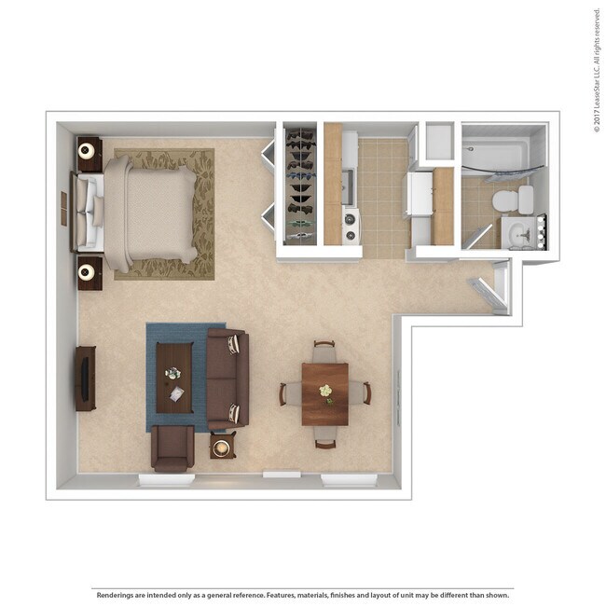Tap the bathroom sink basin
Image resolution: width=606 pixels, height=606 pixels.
pyautogui.click(x=517, y=234)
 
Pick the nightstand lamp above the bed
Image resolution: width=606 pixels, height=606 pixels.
pyautogui.click(x=88, y=150)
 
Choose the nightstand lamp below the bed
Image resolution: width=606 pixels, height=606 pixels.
pyautogui.click(x=88, y=273)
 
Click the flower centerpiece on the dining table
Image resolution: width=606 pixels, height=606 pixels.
pyautogui.click(x=325, y=392)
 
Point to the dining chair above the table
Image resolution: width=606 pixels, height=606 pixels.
pyautogui.click(x=324, y=350)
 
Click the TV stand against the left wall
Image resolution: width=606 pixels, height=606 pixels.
pyautogui.click(x=86, y=378)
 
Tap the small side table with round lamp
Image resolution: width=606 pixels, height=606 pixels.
pyautogui.click(x=222, y=448)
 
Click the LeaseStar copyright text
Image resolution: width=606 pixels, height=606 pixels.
pyautogui.click(x=596, y=70)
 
